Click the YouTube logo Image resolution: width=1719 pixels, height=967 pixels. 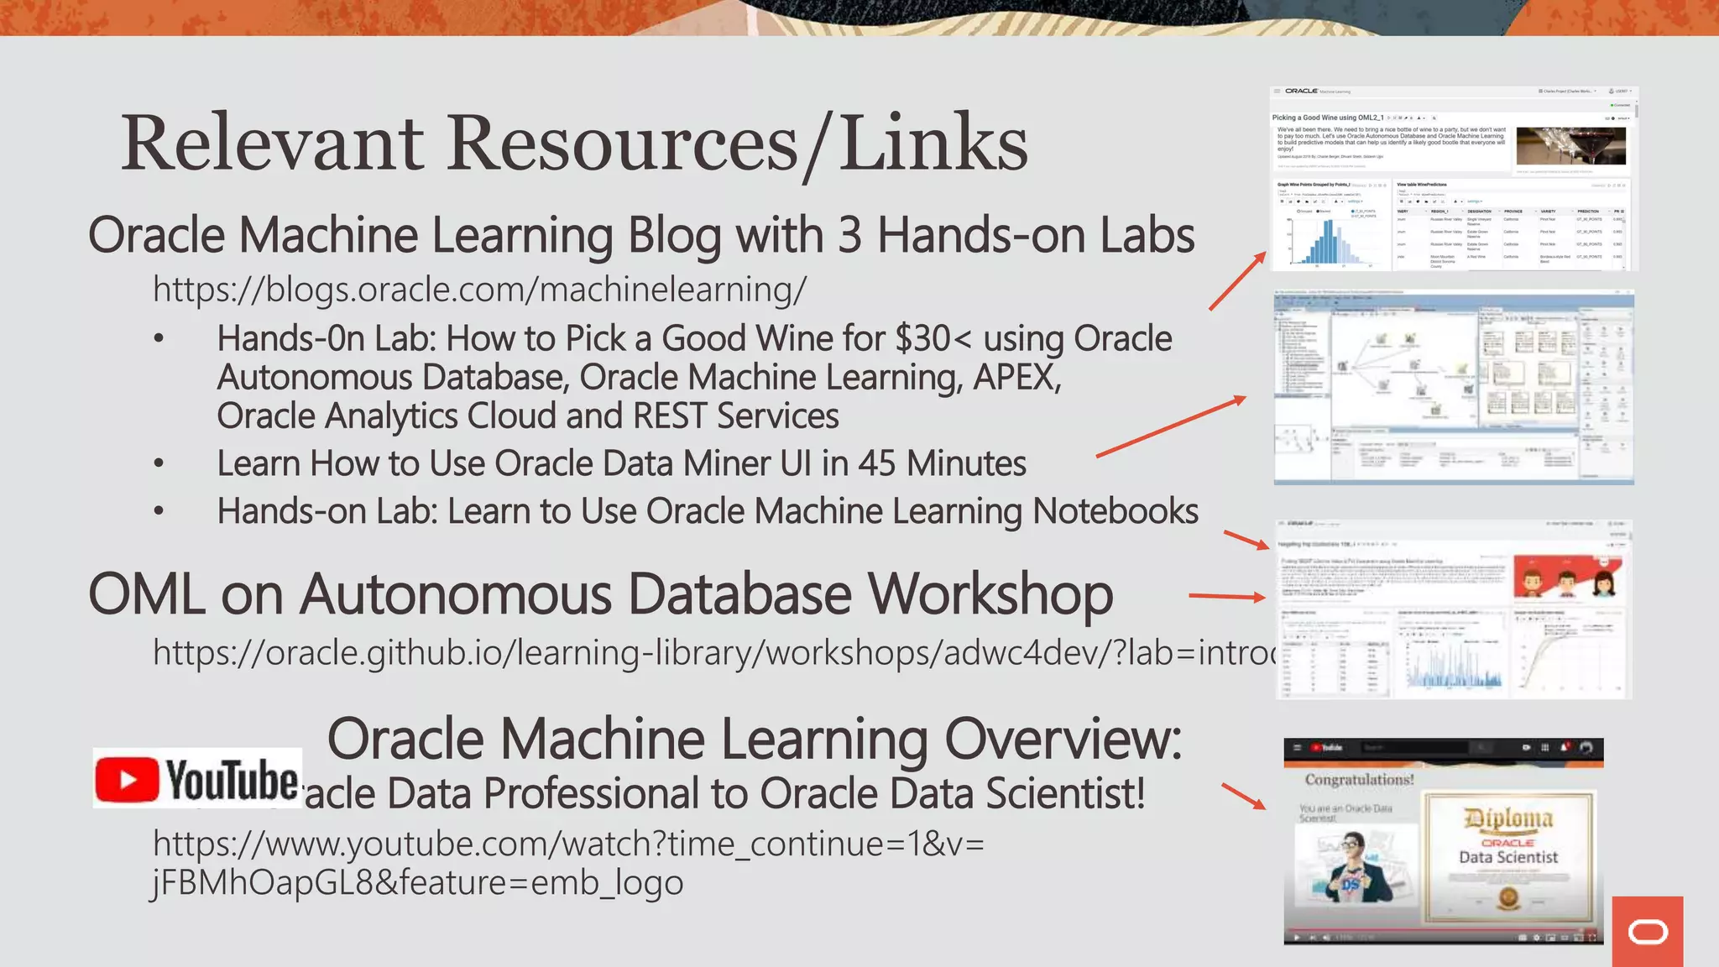click(x=197, y=779)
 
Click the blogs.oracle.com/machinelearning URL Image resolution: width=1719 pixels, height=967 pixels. click(x=479, y=290)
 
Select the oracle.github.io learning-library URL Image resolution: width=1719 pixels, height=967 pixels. click(x=713, y=652)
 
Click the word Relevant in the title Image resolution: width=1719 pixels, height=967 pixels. click(x=272, y=143)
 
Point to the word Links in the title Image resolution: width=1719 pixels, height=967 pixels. click(x=933, y=143)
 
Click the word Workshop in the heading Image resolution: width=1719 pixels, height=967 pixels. click(x=990, y=594)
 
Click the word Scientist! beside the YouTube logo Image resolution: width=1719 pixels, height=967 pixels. click(x=1065, y=793)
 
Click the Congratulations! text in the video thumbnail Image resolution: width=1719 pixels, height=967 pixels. click(x=1359, y=780)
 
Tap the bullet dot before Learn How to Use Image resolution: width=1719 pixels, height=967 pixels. click(x=159, y=463)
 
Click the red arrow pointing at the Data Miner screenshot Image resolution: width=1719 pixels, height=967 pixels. click(x=1171, y=426)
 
